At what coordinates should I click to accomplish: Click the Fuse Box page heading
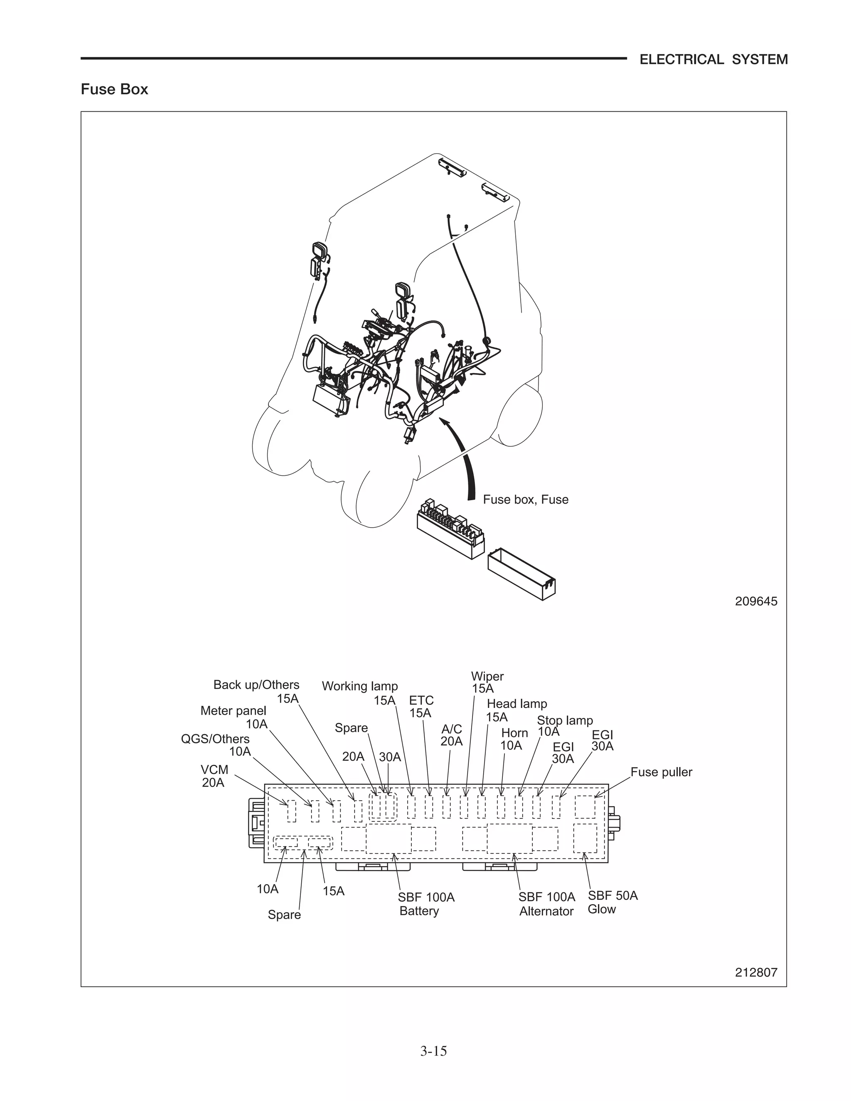tap(114, 89)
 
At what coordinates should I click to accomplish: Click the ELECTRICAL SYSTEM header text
tap(713, 59)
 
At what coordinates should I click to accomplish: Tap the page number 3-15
tap(433, 1051)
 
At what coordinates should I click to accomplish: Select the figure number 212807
tap(756, 972)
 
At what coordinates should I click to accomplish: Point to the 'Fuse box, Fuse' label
tap(525, 499)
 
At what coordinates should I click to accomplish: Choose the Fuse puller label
tap(661, 772)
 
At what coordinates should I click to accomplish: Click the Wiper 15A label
tap(487, 682)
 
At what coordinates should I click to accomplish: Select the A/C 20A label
tap(451, 735)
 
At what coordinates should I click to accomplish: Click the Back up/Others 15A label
tap(257, 691)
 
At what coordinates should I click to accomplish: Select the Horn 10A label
tap(514, 739)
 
